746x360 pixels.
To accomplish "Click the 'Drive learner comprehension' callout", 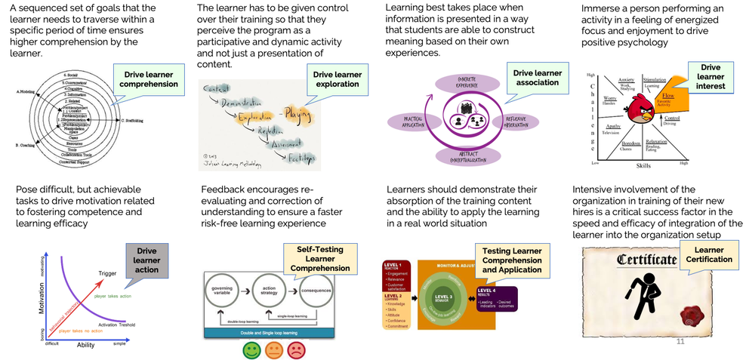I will [x=148, y=78].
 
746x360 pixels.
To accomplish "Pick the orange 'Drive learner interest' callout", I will [x=711, y=78].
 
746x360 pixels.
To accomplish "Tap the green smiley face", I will [x=250, y=350].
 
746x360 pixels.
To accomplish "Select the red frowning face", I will [x=296, y=350].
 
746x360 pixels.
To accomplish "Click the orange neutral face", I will [x=273, y=350].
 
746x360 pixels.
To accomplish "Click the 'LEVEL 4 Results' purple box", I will [x=496, y=297].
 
